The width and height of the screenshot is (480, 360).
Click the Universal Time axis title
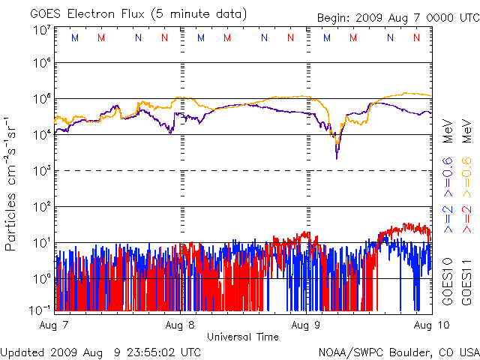(243, 337)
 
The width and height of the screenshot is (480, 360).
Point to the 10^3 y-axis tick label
(42, 171)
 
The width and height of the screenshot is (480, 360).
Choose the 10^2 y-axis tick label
(42, 206)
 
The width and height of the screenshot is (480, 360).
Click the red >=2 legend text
(465, 214)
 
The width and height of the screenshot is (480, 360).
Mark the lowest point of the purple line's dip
(337, 158)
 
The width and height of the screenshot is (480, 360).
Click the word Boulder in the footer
(408, 351)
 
